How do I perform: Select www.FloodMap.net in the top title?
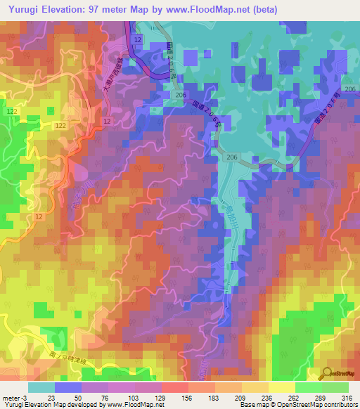212,10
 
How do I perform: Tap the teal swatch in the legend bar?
41,387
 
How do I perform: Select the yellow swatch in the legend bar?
282,387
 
